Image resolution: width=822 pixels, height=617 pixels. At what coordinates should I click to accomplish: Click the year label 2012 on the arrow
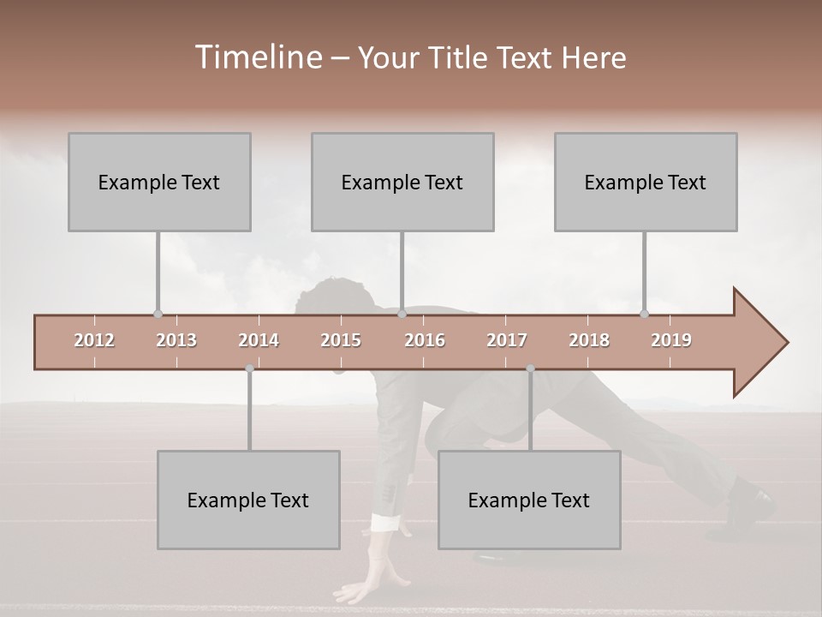[94, 340]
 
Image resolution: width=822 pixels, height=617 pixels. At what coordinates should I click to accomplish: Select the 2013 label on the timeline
[176, 340]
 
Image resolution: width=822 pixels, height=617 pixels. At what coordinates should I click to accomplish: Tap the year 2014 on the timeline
[259, 340]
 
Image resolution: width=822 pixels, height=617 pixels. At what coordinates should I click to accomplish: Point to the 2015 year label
[341, 340]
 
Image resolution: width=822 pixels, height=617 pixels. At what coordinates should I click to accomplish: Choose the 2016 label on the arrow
[425, 340]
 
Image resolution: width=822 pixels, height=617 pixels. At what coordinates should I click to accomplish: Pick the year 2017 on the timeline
[507, 340]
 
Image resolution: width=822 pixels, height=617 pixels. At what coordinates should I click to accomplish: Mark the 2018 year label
[589, 340]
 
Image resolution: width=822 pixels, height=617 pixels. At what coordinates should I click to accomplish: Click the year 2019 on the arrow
[671, 340]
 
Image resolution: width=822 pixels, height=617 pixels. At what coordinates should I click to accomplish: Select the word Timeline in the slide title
[256, 57]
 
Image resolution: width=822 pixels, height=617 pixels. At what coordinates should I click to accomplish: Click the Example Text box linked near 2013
[159, 182]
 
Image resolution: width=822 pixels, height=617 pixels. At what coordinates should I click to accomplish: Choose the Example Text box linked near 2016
[402, 182]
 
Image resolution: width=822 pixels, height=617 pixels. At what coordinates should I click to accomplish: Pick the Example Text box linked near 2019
[646, 182]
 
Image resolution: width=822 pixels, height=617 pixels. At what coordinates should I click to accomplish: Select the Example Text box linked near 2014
[248, 500]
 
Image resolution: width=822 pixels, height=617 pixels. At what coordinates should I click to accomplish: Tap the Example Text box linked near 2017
[529, 500]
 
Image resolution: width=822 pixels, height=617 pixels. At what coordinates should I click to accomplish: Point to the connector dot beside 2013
[158, 314]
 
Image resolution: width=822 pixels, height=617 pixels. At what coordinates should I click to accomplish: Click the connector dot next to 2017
[530, 368]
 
